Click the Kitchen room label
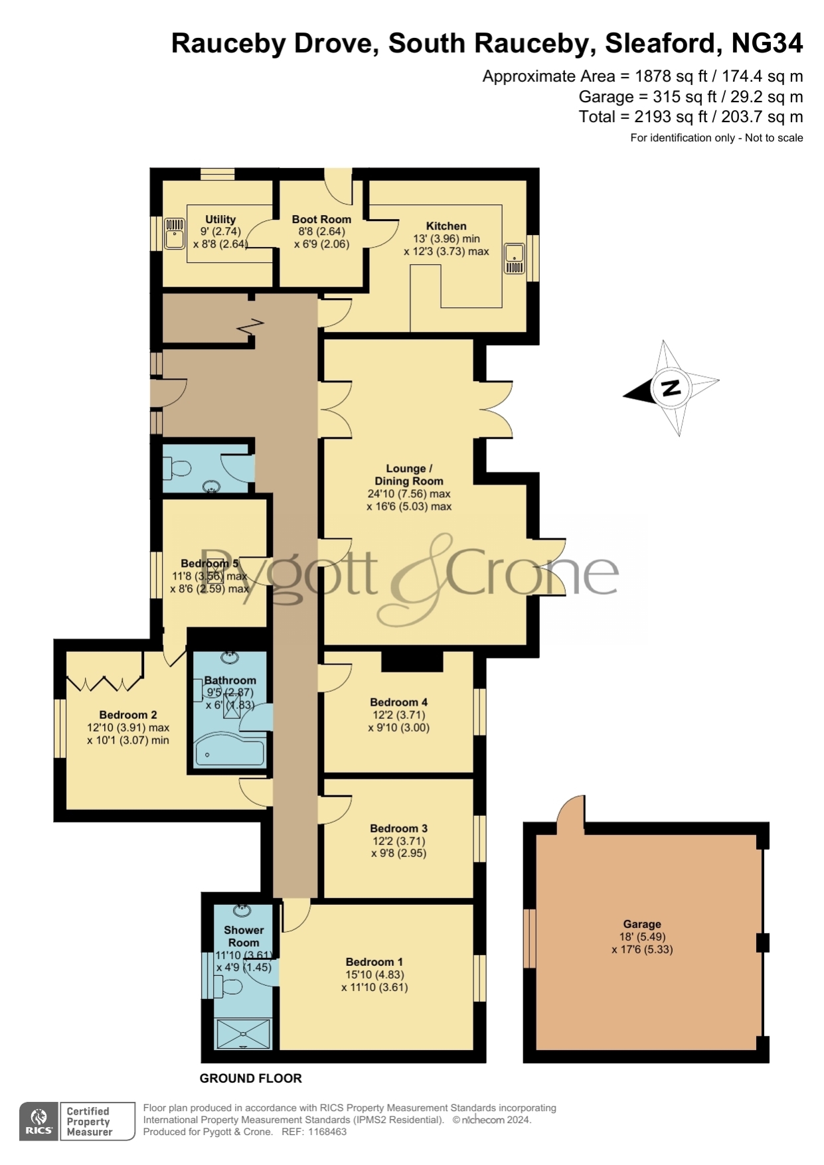point(446,226)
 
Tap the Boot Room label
point(321,219)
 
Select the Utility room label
point(220,219)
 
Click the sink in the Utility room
point(175,234)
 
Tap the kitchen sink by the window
point(515,259)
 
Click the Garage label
point(642,924)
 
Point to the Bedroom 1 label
point(374,962)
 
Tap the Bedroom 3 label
point(398,828)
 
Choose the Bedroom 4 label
point(398,702)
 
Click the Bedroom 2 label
point(128,715)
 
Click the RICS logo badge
point(39,1121)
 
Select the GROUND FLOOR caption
point(251,1079)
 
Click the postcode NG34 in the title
point(767,43)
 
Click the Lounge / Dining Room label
point(409,475)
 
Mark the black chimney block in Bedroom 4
point(412,661)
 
